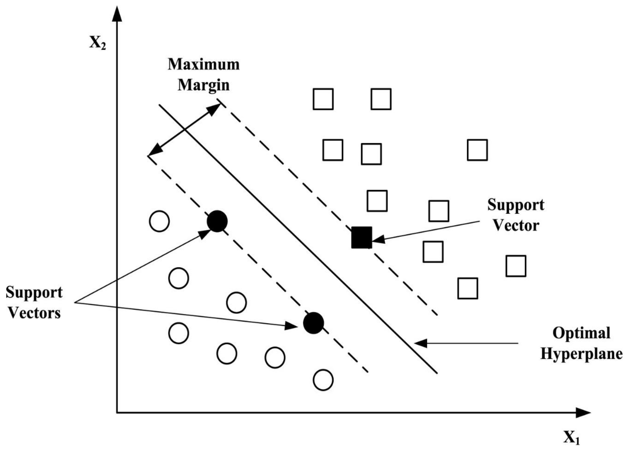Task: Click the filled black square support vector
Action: click(361, 237)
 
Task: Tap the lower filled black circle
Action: click(313, 323)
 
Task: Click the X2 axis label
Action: click(97, 43)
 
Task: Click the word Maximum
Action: click(204, 64)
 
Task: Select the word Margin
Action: click(204, 85)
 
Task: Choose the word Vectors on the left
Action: click(34, 313)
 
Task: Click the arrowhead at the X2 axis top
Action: click(117, 14)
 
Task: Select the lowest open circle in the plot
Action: click(323, 380)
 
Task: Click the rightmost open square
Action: click(516, 266)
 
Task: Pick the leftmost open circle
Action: click(159, 221)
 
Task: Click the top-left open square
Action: click(323, 99)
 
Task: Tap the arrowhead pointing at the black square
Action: click(378, 239)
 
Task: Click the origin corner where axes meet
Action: click(117, 413)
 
